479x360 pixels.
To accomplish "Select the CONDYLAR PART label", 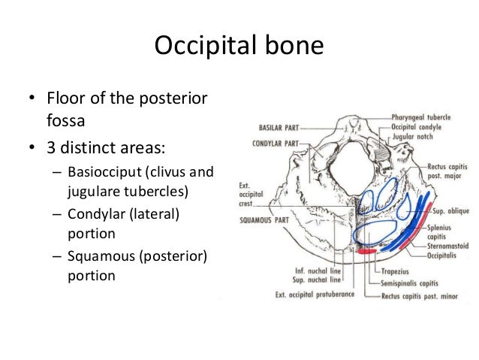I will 276,143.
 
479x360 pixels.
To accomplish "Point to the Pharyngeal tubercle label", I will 420,118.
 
